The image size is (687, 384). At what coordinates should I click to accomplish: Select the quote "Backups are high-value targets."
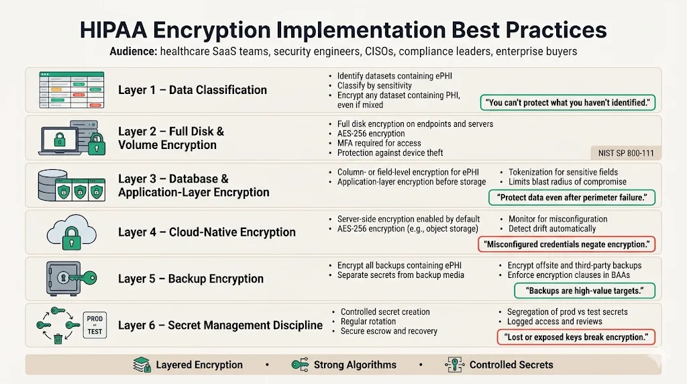point(584,291)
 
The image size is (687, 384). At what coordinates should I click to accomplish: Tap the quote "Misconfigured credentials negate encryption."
point(566,244)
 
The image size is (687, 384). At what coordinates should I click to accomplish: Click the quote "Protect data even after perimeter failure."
point(572,198)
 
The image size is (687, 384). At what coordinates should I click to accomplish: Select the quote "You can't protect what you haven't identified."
point(568,103)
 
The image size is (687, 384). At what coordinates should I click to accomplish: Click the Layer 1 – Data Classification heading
point(193,90)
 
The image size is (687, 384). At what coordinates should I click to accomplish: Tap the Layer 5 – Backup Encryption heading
point(191,279)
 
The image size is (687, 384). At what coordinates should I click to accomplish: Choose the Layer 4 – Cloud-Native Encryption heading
point(207,232)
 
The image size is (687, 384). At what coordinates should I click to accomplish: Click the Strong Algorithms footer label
point(354,365)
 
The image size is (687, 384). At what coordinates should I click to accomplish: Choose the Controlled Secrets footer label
point(511,365)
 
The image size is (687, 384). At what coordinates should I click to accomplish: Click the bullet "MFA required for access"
point(379,143)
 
